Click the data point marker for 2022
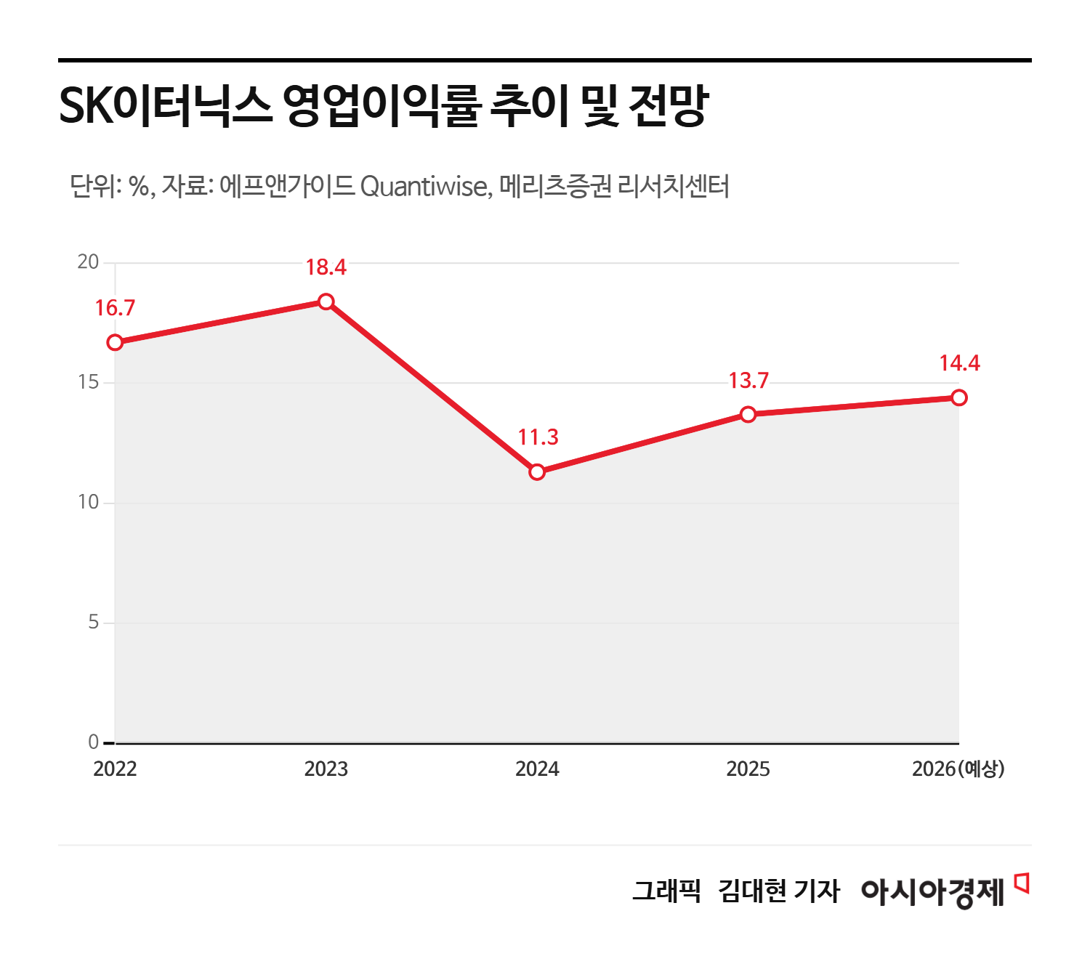point(115,342)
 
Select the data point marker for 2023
point(326,301)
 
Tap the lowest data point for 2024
point(537,472)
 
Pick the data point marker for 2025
point(748,414)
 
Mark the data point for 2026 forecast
point(959,397)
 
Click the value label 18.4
point(326,267)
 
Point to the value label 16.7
point(115,308)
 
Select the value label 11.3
point(538,437)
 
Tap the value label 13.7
point(748,381)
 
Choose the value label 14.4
point(959,363)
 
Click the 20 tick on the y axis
point(88,262)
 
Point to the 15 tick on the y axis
point(88,382)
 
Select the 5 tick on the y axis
point(93,623)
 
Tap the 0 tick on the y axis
point(93,742)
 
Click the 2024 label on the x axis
point(537,769)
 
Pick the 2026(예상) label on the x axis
point(958,769)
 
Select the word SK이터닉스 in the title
point(164,106)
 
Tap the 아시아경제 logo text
point(932,891)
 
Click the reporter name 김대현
point(751,891)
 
